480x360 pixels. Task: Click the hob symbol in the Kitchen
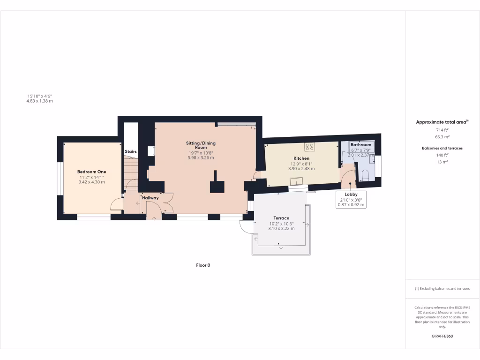point(309,147)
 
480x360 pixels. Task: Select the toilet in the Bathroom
point(366,175)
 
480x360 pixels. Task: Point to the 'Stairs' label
point(131,152)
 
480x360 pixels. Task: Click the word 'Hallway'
point(150,198)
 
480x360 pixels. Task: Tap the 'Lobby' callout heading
point(351,194)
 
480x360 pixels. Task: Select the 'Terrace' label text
point(281,218)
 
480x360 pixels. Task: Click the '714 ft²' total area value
point(442,129)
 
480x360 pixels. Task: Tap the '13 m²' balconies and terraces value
point(442,162)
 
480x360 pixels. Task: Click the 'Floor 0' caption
point(203,265)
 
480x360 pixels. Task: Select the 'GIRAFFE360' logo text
point(442,336)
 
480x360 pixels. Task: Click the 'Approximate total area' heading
point(442,122)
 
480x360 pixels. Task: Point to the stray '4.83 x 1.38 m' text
point(39,101)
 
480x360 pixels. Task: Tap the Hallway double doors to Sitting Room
point(168,202)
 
